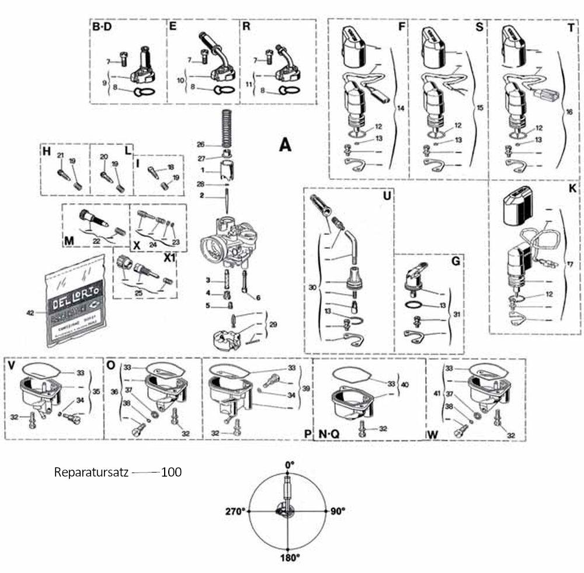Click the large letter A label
click(x=284, y=144)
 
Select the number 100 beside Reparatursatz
click(x=171, y=472)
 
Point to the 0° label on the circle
click(x=289, y=464)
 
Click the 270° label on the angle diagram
click(x=235, y=511)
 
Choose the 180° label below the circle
click(x=289, y=557)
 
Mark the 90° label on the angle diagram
click(x=338, y=511)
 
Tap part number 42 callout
click(x=31, y=312)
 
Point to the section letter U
click(x=385, y=197)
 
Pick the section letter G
click(x=456, y=261)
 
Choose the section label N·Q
click(x=329, y=434)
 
